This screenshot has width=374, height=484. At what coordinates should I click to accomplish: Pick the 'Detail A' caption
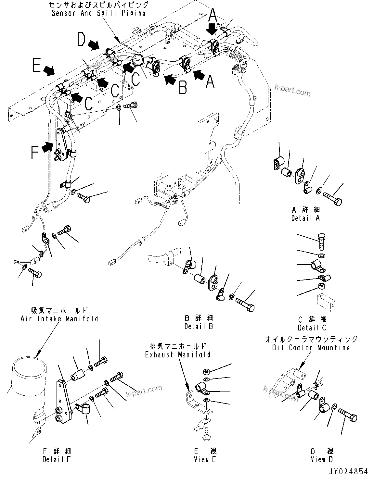305,218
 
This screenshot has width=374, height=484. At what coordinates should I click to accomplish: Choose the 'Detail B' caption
199,326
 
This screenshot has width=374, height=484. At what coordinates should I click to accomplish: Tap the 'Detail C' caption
312,328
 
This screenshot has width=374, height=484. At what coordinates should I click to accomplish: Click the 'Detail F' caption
57,459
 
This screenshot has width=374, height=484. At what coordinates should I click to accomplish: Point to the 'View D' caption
321,459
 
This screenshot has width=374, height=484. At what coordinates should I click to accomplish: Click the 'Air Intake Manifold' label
59,319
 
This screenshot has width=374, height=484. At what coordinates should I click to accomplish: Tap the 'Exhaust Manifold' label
177,354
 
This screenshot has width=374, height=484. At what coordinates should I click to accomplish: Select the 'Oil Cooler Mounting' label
311,348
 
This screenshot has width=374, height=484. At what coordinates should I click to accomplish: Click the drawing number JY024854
346,471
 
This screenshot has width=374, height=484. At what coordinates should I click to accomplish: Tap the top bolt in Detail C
321,241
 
